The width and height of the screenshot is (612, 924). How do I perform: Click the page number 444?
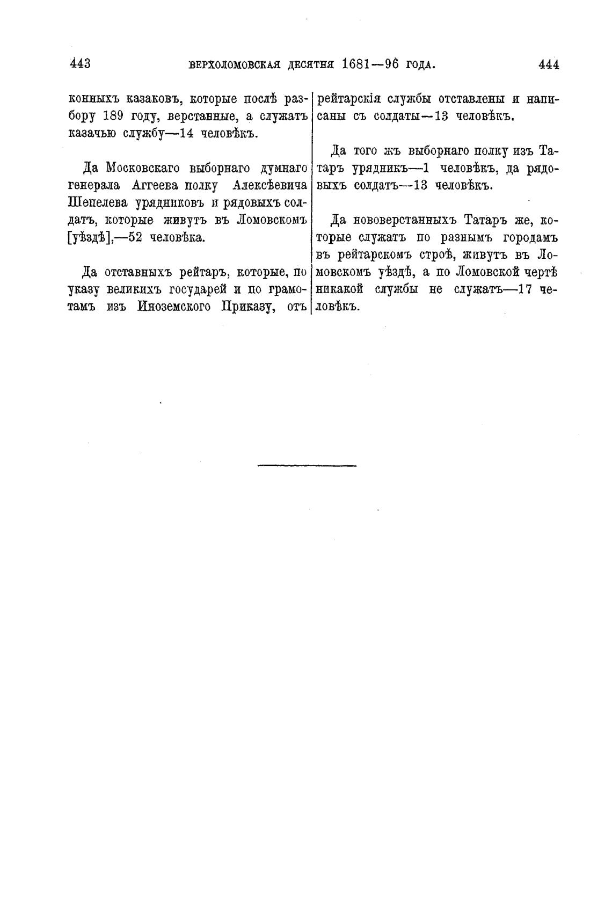[548, 64]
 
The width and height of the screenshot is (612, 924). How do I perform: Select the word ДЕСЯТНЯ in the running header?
[312, 65]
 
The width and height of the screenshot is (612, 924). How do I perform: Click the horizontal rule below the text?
[307, 464]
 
